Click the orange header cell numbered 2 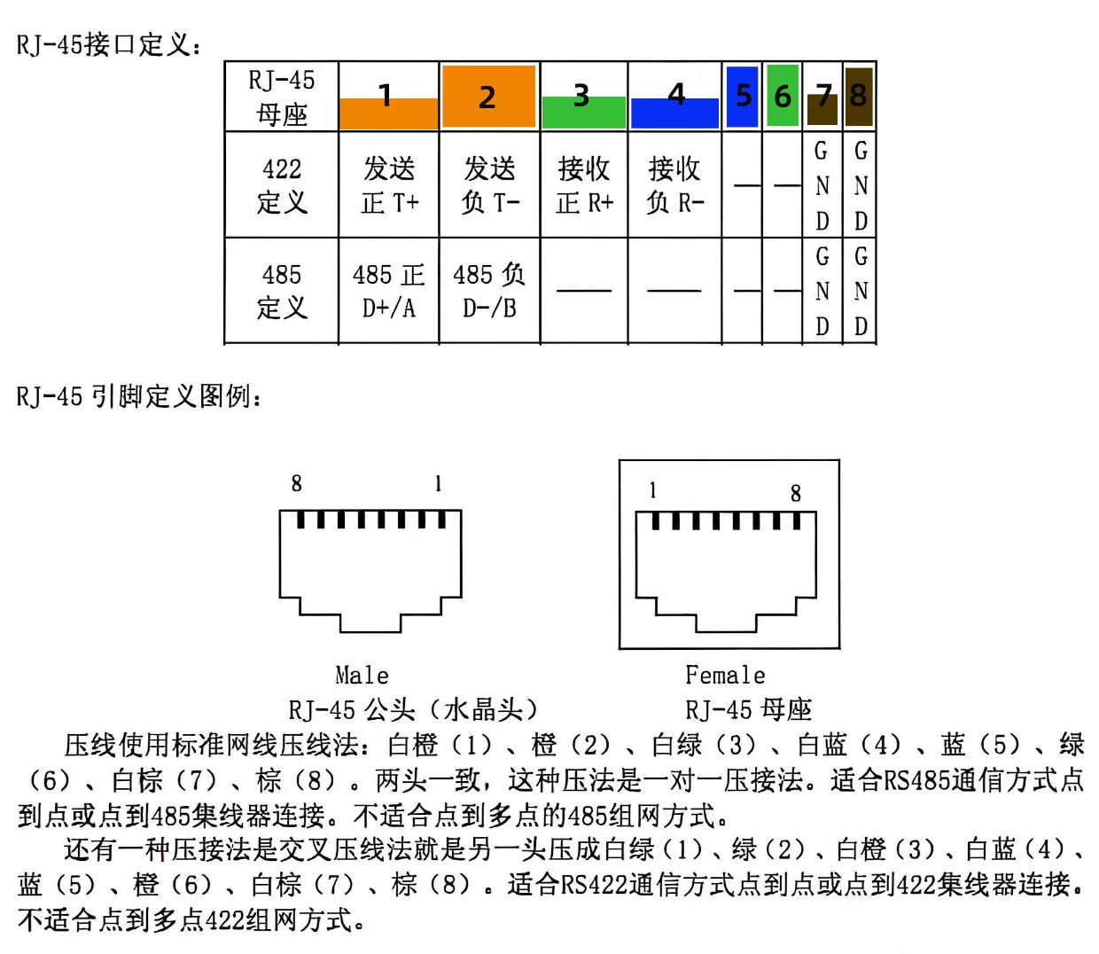point(489,96)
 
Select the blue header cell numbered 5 point(742,96)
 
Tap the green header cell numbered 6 point(782,96)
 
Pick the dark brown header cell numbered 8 point(859,96)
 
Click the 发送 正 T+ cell point(389,184)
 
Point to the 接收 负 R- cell point(674,184)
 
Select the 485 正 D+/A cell point(389,291)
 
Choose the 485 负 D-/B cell point(489,291)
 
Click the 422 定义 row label point(282,184)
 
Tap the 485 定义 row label point(282,291)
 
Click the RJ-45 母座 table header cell point(282,96)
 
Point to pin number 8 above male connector point(297,483)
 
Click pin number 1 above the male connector point(439,483)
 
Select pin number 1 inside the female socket point(652,490)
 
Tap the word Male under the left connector point(362,676)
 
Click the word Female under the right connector point(725,676)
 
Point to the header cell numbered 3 point(583,96)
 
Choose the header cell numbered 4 point(674,96)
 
